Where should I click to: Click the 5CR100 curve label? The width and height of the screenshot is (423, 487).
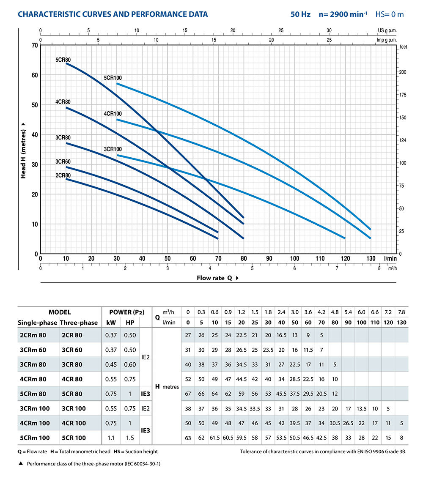pyautogui.click(x=113, y=78)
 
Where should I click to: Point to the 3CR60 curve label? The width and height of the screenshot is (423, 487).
pyautogui.click(x=63, y=162)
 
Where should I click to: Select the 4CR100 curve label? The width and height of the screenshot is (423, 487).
pyautogui.click(x=113, y=114)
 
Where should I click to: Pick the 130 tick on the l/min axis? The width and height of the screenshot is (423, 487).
pyautogui.click(x=371, y=259)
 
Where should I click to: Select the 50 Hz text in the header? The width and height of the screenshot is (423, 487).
pyautogui.click(x=300, y=14)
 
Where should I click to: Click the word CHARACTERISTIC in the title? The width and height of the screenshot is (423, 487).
pyautogui.click(x=50, y=14)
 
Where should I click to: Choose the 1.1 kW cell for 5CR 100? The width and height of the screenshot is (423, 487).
pyautogui.click(x=109, y=438)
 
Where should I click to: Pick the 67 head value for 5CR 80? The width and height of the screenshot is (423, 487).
pyautogui.click(x=188, y=394)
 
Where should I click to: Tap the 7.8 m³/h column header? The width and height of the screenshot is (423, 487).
pyautogui.click(x=402, y=312)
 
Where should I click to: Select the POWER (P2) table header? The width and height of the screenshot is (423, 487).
pyautogui.click(x=127, y=312)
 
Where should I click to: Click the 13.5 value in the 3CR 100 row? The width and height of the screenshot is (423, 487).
pyautogui.click(x=361, y=408)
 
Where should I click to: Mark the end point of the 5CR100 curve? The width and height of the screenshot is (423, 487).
pyautogui.click(x=371, y=229)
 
